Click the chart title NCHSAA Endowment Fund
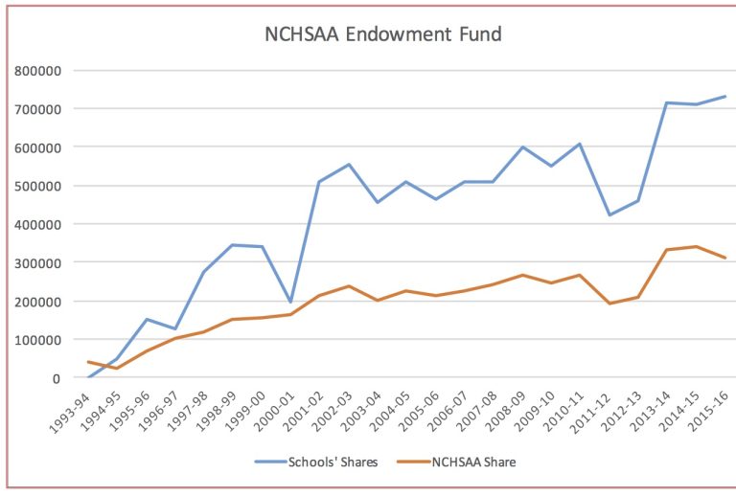(382, 35)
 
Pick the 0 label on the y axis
(57, 378)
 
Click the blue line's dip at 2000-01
(290, 302)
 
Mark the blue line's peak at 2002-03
(348, 165)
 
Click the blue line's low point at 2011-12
(609, 214)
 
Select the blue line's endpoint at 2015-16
(724, 96)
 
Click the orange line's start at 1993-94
(88, 361)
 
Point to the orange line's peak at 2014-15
(696, 246)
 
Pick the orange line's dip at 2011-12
(609, 304)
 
